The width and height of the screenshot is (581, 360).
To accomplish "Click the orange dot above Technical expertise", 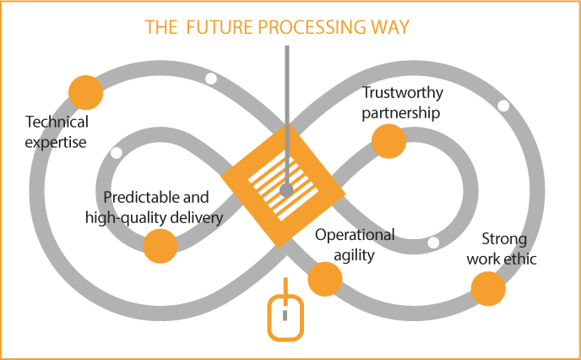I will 85,91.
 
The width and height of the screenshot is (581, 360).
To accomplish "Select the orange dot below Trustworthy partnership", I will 388,141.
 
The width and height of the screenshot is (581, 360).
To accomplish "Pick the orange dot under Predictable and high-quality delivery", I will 160,246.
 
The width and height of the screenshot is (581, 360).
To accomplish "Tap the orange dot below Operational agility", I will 323,279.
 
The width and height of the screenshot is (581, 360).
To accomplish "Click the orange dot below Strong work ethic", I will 487,290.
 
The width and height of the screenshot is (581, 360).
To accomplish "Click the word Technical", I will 57,123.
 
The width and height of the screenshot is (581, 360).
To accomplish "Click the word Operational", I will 355,235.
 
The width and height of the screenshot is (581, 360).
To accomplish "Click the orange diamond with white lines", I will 283,185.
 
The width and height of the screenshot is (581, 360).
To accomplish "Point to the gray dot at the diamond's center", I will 286,191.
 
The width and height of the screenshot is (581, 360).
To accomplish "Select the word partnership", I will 401,112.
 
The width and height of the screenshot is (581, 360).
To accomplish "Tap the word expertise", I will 57,143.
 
